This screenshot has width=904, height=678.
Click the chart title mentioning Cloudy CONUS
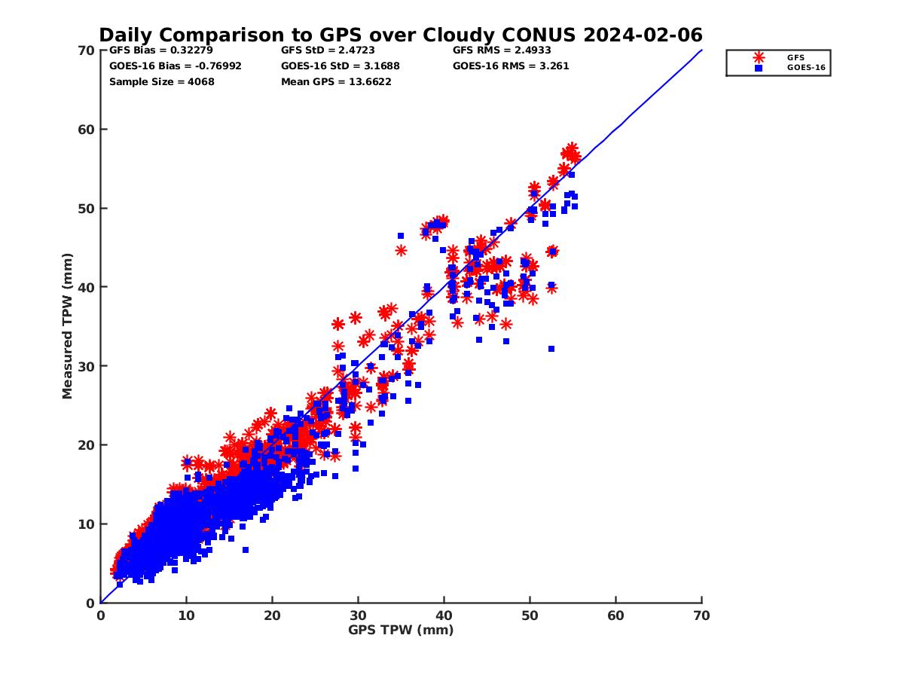click(x=401, y=35)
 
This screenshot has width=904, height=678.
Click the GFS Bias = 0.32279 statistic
click(x=160, y=50)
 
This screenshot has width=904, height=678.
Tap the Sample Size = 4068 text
click(x=161, y=81)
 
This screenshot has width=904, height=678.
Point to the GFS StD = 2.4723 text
click(x=328, y=50)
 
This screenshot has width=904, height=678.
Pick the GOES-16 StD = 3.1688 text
click(x=341, y=66)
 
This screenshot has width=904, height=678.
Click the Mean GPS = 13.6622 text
click(x=336, y=81)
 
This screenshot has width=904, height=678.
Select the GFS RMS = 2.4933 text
click(x=502, y=50)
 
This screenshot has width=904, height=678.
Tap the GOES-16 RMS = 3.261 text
click(x=511, y=66)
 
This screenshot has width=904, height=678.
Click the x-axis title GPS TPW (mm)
click(x=401, y=630)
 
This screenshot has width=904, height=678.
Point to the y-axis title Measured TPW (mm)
click(x=68, y=326)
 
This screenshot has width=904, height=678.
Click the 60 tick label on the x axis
click(x=615, y=615)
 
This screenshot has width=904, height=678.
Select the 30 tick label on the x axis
click(x=358, y=615)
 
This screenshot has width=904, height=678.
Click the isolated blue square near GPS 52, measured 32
click(x=551, y=349)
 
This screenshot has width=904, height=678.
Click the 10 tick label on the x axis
click(x=186, y=615)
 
